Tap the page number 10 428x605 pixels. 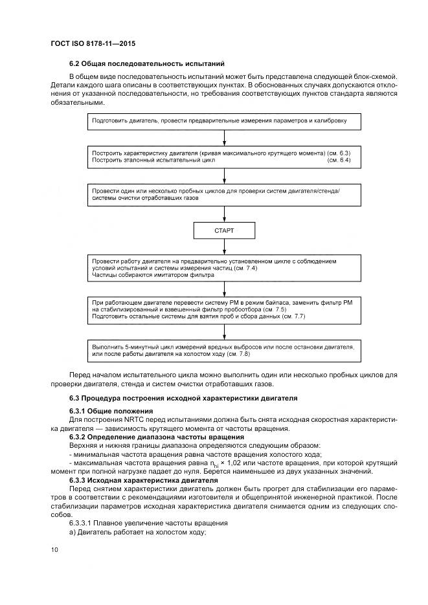pos(54,550)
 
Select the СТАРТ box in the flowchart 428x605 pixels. pos(223,230)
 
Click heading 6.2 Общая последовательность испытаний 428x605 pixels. pos(146,64)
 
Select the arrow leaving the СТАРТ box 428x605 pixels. pos(223,246)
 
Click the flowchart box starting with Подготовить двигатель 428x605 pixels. pos(223,121)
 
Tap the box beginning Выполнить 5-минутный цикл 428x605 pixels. pos(223,350)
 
